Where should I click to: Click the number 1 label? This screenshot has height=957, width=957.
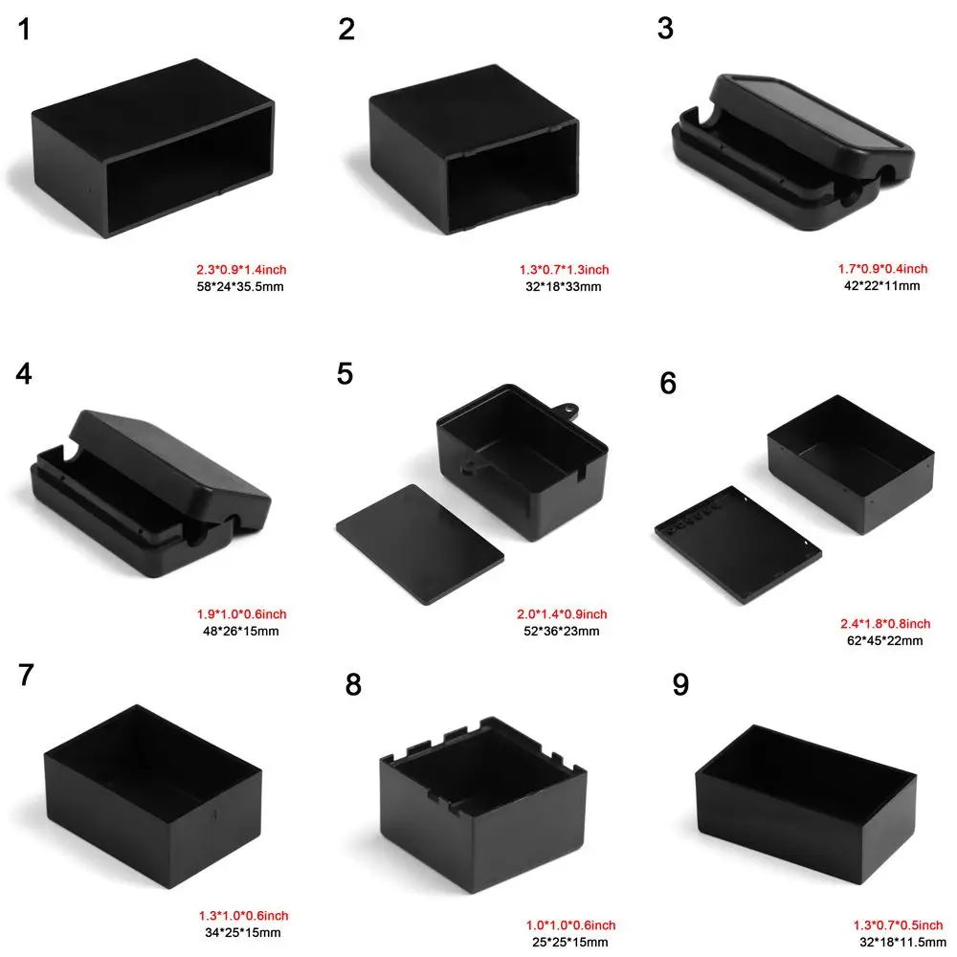coord(24,30)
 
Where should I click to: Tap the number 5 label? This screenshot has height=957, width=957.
coord(345,373)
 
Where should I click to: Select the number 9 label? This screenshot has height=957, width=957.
coord(680,685)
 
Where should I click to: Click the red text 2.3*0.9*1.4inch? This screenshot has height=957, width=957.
coord(240,270)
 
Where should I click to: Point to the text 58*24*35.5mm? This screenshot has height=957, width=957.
coord(239,285)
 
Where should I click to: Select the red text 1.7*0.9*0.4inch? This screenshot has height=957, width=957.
coord(876,269)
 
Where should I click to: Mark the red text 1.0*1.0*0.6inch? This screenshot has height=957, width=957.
coord(570,925)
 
